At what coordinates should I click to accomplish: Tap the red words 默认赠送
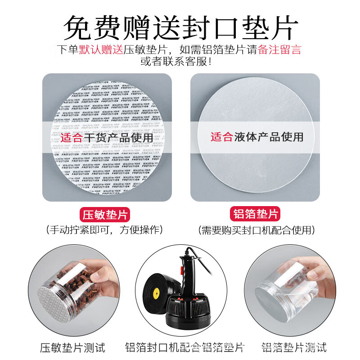point(101,49)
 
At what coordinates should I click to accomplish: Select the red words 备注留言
point(279,49)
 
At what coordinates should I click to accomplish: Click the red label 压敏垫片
point(107,214)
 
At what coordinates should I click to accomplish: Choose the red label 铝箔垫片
point(255,214)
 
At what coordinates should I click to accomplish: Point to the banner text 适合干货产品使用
point(107,137)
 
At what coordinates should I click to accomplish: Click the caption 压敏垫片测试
point(72,347)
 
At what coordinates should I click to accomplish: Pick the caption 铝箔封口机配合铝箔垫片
point(184,347)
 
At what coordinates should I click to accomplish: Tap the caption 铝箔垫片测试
point(294,347)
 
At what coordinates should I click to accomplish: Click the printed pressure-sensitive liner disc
point(107,135)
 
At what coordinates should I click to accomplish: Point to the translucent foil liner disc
point(255,135)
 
